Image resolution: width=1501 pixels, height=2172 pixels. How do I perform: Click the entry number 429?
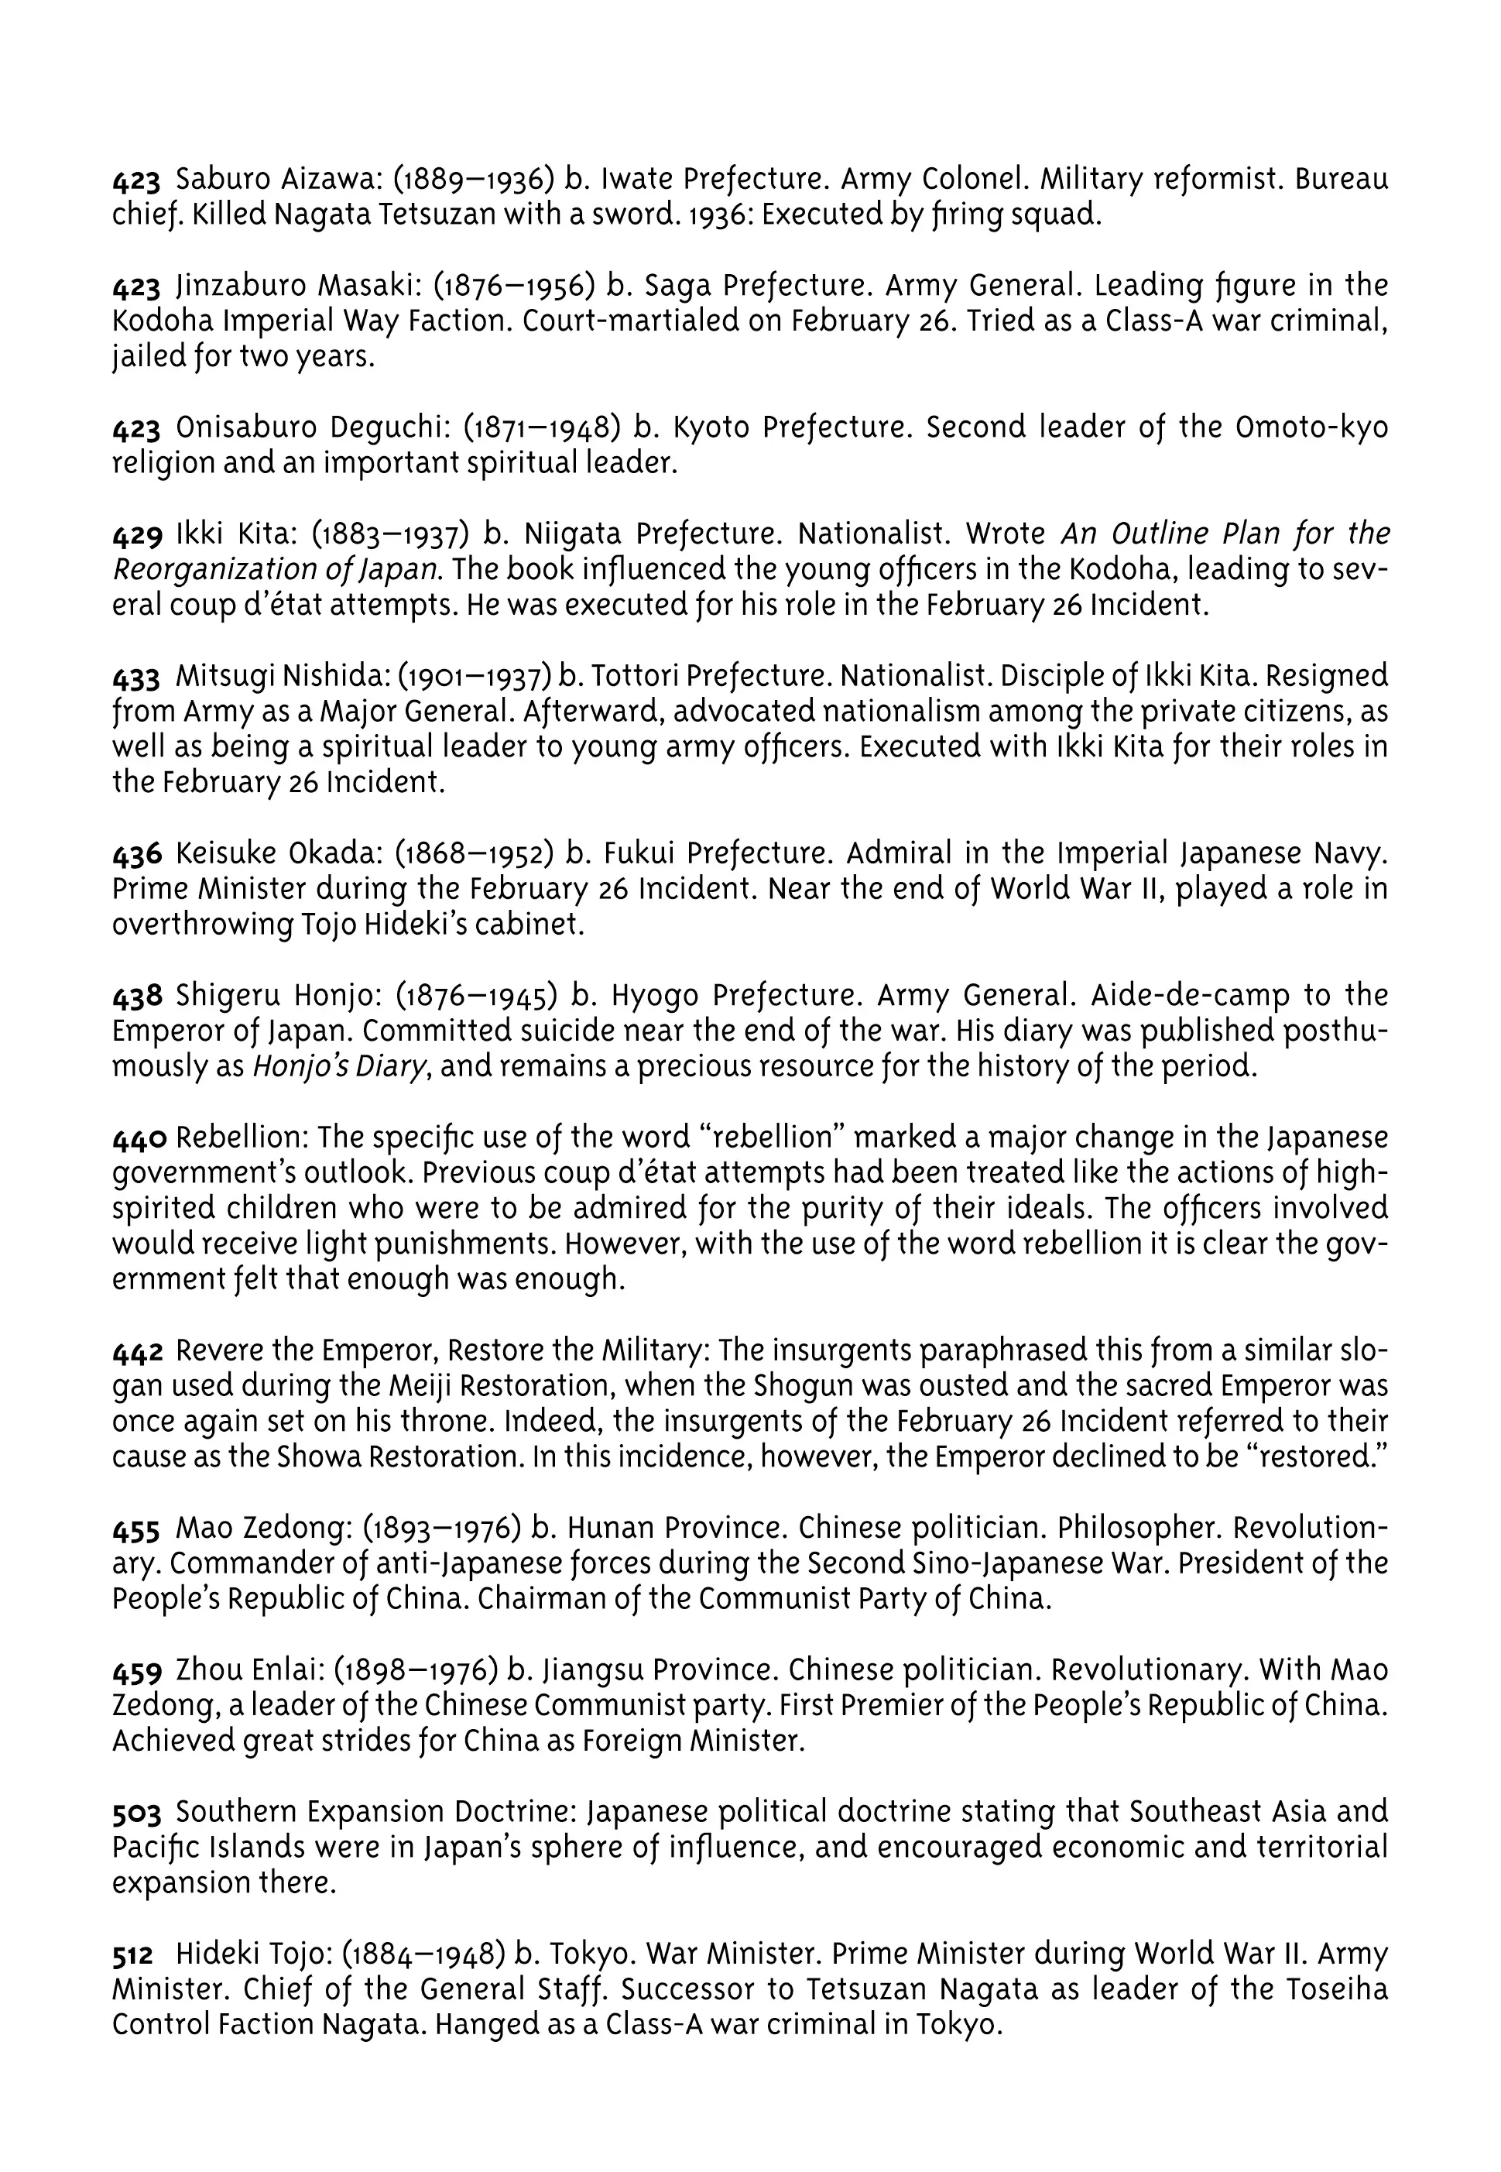coord(137,535)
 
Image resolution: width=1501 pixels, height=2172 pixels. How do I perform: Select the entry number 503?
coord(136,1813)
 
